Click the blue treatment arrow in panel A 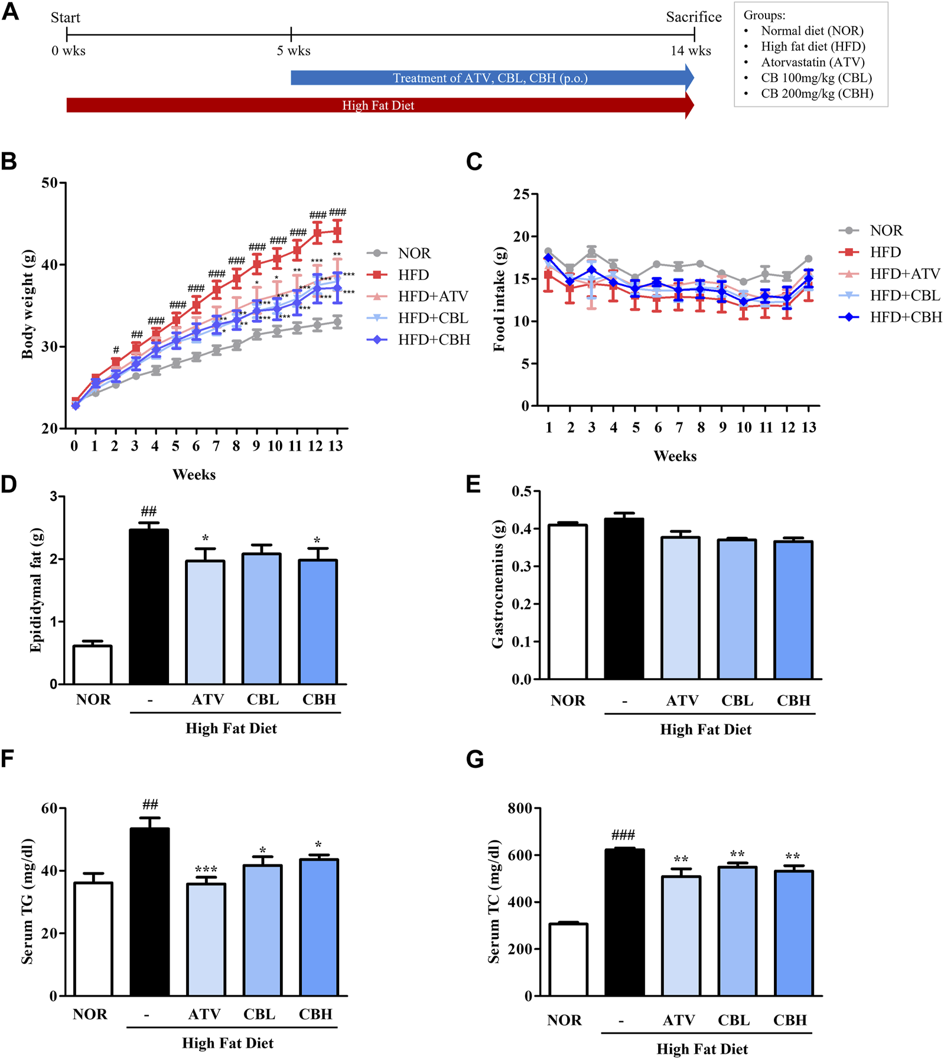click(490, 78)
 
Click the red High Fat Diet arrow click(378, 105)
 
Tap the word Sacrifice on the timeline click(694, 17)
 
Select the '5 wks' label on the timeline click(294, 51)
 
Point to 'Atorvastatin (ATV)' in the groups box click(812, 62)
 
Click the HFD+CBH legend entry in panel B click(434, 340)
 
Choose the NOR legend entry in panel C click(886, 230)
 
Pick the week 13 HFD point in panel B click(337, 232)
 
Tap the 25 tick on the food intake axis click(521, 194)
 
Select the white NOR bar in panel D click(93, 665)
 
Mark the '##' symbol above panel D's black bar click(149, 511)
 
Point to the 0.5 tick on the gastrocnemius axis click(521, 491)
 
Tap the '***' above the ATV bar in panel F click(206, 869)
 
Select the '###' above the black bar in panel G click(623, 835)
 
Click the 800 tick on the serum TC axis click(520, 808)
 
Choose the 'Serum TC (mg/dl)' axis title click(494, 901)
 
